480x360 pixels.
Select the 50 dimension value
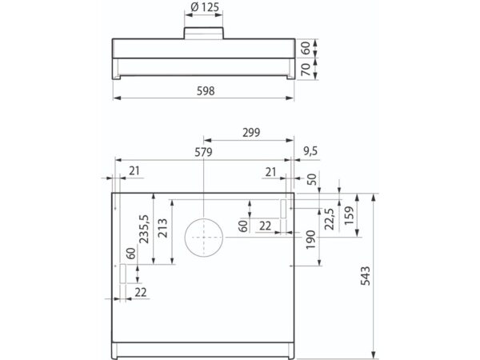310,180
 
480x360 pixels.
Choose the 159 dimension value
350,217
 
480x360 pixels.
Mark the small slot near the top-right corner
283,207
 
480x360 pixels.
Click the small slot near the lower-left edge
122,274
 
